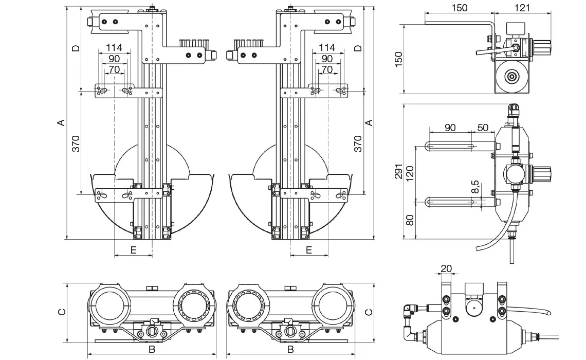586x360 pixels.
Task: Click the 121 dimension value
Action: pos(521,8)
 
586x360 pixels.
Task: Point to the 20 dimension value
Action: pos(446,268)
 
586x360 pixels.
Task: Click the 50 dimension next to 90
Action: pos(483,128)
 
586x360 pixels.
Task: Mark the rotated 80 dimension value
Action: pos(410,220)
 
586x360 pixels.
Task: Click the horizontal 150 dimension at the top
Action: pos(459,8)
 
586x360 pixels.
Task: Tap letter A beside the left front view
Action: pos(61,122)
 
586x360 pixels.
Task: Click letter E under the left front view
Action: pos(133,250)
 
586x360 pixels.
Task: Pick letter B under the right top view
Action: pos(290,350)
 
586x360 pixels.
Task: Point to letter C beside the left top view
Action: pos(61,312)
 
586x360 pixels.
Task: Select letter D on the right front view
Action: pos(359,48)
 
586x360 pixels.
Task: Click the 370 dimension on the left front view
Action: pos(76,143)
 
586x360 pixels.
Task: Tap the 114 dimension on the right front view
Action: pos(327,47)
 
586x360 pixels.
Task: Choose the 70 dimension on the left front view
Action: pos(114,69)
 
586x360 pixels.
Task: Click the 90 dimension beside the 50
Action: pos(450,128)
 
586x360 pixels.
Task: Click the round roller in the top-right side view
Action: pos(512,77)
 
